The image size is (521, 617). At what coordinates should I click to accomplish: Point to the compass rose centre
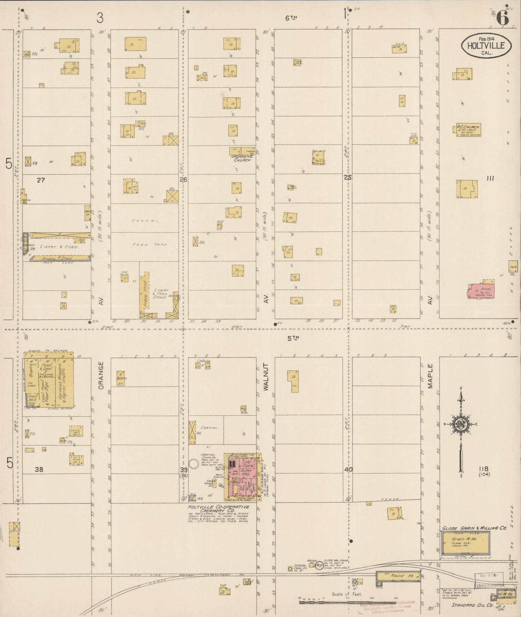click(460, 424)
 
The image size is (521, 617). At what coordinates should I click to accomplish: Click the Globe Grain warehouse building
click(465, 544)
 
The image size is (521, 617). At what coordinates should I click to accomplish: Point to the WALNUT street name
click(267, 377)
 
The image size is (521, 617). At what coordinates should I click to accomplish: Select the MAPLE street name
click(430, 376)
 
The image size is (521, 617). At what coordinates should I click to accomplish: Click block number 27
click(41, 180)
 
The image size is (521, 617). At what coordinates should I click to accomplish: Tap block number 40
click(348, 469)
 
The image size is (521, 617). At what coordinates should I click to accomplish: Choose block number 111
click(490, 178)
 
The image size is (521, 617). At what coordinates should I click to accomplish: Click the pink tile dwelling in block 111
click(481, 291)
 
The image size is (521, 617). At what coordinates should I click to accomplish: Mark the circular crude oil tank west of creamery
click(194, 463)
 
